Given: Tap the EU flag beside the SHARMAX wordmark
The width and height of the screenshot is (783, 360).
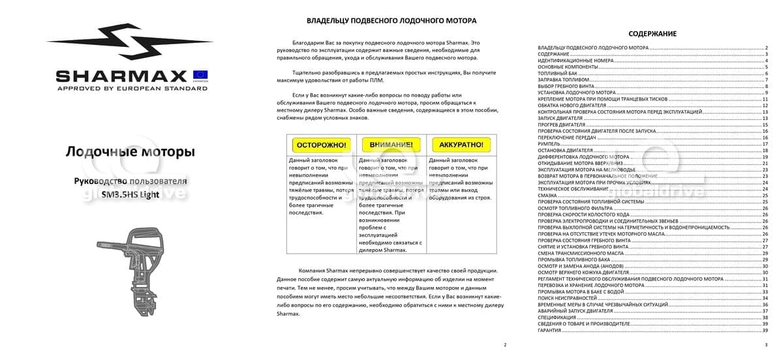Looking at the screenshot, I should point(200,74).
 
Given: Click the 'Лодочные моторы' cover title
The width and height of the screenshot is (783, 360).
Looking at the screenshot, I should point(130,152).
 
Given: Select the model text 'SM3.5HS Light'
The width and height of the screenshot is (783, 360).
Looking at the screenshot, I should point(130,194).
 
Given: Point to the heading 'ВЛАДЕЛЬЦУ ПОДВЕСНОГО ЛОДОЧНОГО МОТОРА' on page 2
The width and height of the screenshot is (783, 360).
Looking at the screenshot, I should point(391,21).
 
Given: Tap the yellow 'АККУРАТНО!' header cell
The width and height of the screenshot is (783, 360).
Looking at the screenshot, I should point(461,144).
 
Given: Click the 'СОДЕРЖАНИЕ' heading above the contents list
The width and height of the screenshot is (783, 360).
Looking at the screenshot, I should point(652,34).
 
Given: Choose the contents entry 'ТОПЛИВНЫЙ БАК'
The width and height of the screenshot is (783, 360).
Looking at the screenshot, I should point(557,73).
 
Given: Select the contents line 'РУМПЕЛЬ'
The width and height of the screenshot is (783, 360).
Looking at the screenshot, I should point(549,143).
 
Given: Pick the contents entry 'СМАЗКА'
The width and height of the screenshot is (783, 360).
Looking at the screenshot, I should point(547,195).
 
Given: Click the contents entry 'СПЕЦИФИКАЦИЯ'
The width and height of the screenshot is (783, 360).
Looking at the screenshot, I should point(557,317).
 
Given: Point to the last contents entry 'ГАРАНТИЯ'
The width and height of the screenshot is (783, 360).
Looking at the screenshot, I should point(550,330).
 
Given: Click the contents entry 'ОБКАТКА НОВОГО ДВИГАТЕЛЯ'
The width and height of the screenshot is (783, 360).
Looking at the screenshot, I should point(571,105).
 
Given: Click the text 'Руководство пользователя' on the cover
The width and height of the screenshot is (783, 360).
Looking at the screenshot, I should point(130,181).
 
